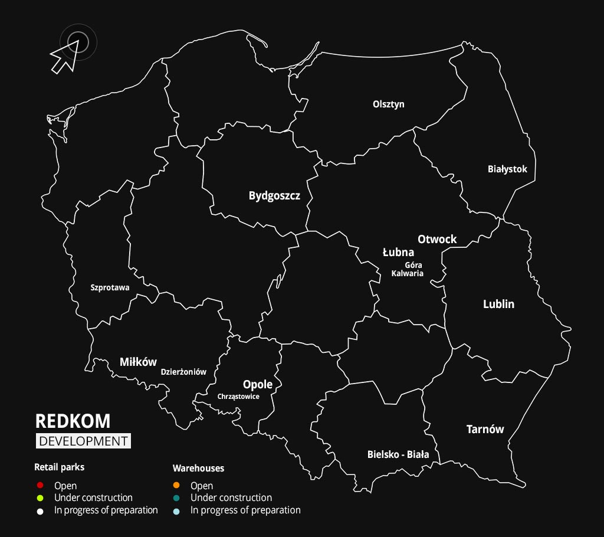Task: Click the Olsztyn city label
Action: pyautogui.click(x=389, y=104)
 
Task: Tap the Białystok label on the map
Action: pyautogui.click(x=507, y=169)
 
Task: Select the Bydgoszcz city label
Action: pyautogui.click(x=274, y=196)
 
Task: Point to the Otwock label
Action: pyautogui.click(x=437, y=239)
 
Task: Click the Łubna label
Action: pyautogui.click(x=398, y=253)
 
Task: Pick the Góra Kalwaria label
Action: pyautogui.click(x=408, y=269)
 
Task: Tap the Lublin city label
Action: pyautogui.click(x=498, y=304)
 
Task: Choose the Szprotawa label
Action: pyautogui.click(x=110, y=288)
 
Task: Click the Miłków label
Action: pyautogui.click(x=138, y=362)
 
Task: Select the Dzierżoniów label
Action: pyautogui.click(x=183, y=372)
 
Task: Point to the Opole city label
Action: pyautogui.click(x=258, y=384)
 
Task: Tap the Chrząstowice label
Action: pyautogui.click(x=238, y=397)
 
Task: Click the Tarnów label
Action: pyautogui.click(x=485, y=429)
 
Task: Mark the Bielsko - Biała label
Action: pyautogui.click(x=398, y=454)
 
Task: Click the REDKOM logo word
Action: pyautogui.click(x=73, y=421)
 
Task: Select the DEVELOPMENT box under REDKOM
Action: pyautogui.click(x=83, y=441)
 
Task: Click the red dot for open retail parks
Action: pyautogui.click(x=40, y=486)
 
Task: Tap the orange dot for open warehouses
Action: pyautogui.click(x=176, y=486)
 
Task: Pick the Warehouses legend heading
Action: pyautogui.click(x=198, y=468)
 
